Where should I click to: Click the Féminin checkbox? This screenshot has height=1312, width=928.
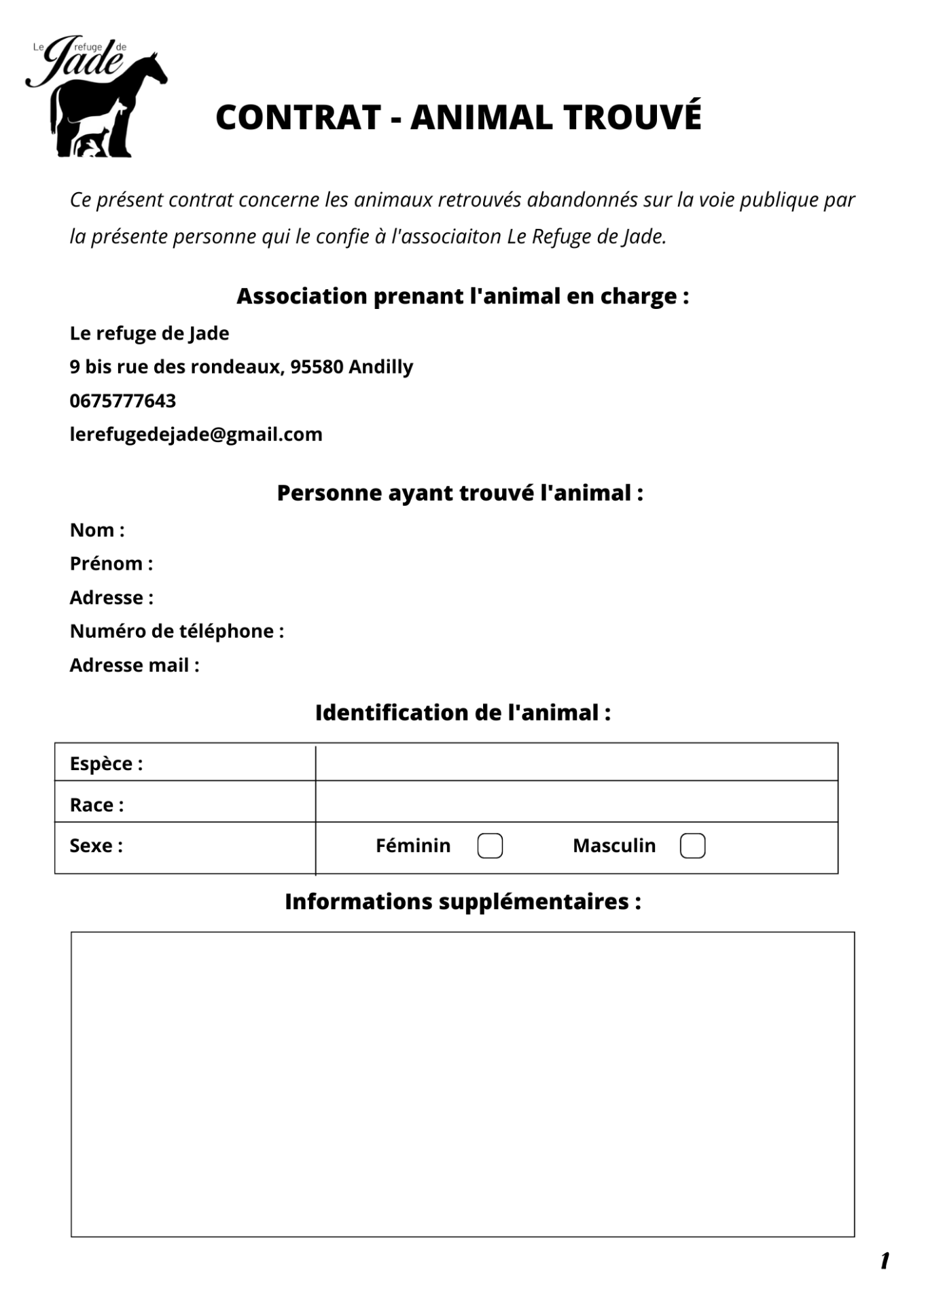point(490,845)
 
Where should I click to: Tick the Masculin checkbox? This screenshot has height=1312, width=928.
point(692,845)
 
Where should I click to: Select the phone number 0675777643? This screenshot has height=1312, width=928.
point(123,401)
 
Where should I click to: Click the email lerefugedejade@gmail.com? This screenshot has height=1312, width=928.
point(196,435)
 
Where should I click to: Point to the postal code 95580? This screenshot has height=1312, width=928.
point(317,367)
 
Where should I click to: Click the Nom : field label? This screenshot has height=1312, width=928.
point(97,530)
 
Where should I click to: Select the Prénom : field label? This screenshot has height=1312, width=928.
point(111,564)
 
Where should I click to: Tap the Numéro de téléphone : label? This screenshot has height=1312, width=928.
point(177,631)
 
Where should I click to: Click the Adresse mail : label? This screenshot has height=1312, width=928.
point(135,665)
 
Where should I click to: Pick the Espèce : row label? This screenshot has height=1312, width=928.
point(106,763)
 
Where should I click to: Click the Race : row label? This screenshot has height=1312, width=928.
point(96,805)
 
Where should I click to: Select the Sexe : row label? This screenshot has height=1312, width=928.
point(96,845)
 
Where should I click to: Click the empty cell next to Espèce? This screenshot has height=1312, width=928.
point(576,763)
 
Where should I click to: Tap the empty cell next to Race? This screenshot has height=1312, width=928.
point(576,802)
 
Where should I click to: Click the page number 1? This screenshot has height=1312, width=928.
point(885,1261)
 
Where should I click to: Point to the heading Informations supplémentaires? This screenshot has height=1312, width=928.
point(463,902)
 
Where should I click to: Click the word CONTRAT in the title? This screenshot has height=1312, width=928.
point(298,117)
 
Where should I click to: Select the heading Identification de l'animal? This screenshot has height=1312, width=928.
point(463,712)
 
